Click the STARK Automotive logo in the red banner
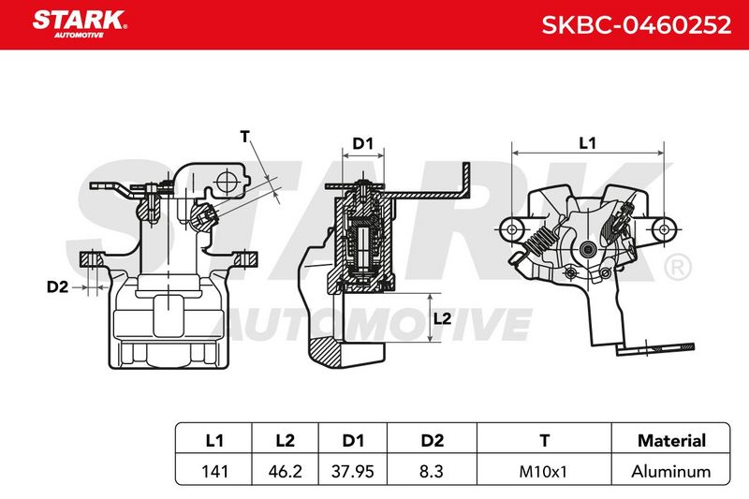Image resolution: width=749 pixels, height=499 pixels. (x=80, y=24)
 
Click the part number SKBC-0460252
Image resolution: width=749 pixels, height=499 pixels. (x=637, y=25)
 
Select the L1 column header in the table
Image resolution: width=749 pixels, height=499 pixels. (x=214, y=440)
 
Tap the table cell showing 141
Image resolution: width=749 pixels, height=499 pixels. (x=214, y=471)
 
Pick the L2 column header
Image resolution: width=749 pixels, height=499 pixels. (x=286, y=440)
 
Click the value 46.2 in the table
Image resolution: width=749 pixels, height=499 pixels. (x=286, y=471)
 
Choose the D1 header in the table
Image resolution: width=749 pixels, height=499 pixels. (x=353, y=440)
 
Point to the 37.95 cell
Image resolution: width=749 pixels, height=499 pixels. (x=353, y=471)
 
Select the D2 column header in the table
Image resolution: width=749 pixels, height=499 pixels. (x=432, y=440)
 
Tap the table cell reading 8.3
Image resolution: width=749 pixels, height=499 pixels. (x=432, y=471)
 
